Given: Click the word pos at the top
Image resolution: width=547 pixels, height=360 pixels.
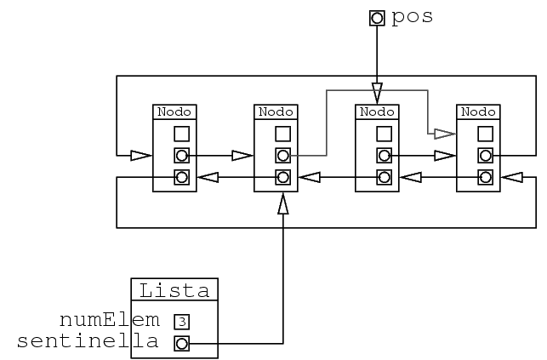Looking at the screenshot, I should click(x=412, y=17).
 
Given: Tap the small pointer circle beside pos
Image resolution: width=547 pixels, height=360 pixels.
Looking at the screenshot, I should click(x=377, y=17).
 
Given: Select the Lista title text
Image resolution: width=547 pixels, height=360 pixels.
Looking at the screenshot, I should click(x=174, y=290).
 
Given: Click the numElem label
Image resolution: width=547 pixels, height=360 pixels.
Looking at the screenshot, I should click(x=110, y=320).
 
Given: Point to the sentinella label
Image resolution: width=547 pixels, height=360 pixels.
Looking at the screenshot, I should click(x=88, y=342).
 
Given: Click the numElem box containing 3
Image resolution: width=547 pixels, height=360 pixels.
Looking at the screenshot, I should click(x=182, y=321).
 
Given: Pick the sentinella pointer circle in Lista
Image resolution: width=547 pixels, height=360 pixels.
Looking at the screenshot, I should click(x=182, y=343).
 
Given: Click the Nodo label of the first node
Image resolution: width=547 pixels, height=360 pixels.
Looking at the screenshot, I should click(x=174, y=111).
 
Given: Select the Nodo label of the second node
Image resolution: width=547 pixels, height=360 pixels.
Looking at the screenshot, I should click(x=276, y=111).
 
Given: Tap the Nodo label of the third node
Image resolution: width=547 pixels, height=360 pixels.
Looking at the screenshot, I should click(x=377, y=111).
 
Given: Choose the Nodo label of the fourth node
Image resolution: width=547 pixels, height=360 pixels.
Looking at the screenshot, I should click(x=478, y=111).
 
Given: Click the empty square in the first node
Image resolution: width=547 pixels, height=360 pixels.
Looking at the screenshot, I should click(x=181, y=134).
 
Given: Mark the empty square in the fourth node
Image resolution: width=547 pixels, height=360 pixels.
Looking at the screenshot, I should click(x=485, y=134).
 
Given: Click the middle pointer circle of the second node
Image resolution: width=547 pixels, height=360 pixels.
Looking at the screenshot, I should click(x=282, y=156).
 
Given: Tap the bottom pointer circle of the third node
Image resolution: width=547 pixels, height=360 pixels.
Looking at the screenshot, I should click(x=384, y=178).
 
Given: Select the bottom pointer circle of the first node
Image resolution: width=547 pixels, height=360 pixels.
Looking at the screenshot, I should click(x=181, y=178).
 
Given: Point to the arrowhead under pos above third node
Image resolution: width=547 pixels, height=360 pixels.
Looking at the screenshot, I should click(x=377, y=89).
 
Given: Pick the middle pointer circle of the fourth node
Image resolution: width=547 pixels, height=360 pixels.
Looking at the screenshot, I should click(x=485, y=156).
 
